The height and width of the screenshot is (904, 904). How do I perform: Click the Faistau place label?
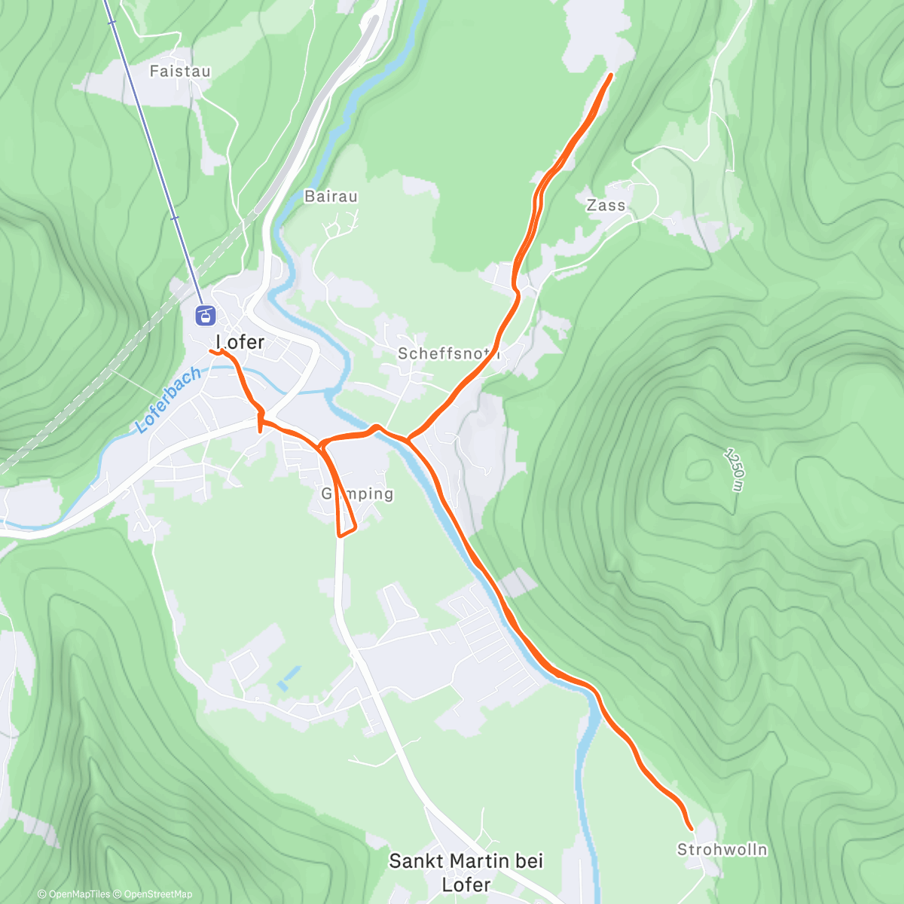tap(179, 72)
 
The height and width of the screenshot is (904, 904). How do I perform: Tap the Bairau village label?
tap(331, 197)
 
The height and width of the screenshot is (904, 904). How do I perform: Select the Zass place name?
tap(606, 205)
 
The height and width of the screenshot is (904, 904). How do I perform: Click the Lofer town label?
tap(240, 342)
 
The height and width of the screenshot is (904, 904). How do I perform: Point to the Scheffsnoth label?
tap(449, 353)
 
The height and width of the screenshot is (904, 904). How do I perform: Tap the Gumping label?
tap(357, 494)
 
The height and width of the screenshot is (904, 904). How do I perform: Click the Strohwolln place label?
tap(722, 850)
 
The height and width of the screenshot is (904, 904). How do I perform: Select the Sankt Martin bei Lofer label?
tap(466, 872)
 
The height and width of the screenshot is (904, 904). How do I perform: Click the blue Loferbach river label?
tap(169, 399)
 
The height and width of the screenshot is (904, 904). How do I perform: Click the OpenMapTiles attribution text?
tap(73, 894)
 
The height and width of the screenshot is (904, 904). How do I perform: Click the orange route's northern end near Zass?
tap(609, 75)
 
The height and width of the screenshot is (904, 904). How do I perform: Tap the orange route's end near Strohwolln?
tap(690, 829)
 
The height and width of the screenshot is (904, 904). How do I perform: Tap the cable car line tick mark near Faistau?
tap(111, 23)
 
